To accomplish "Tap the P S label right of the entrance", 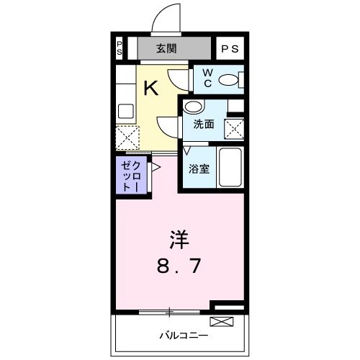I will point(230,49).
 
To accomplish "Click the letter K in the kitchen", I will point(151,89).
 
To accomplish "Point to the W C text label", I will point(206,78).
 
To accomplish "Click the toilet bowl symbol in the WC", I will point(230,81).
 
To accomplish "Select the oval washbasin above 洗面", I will point(192,107).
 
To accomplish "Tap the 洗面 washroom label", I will point(204,124).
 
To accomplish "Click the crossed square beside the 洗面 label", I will point(235,129).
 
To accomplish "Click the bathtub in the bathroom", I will point(230,168).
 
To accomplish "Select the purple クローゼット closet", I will point(130,174).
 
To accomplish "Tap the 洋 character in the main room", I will point(180,237).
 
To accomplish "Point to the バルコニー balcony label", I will point(183,336).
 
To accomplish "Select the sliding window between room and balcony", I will point(170,312).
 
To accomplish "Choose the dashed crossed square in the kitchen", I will point(127,136).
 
